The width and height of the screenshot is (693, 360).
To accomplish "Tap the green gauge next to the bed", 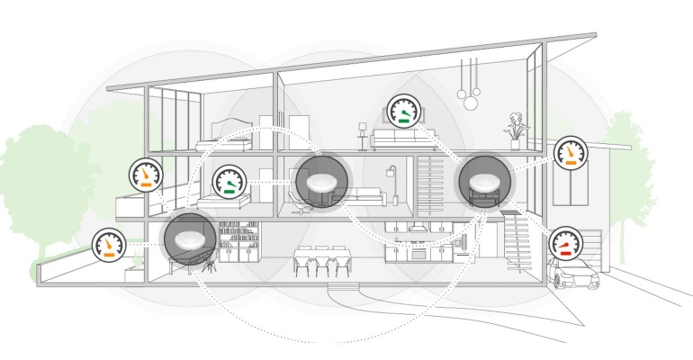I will [231, 184].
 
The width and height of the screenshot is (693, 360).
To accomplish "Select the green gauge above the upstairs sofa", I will [404, 111].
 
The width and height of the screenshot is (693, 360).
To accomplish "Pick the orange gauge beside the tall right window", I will [569, 155].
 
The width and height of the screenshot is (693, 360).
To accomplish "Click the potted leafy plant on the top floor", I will [515, 124].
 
